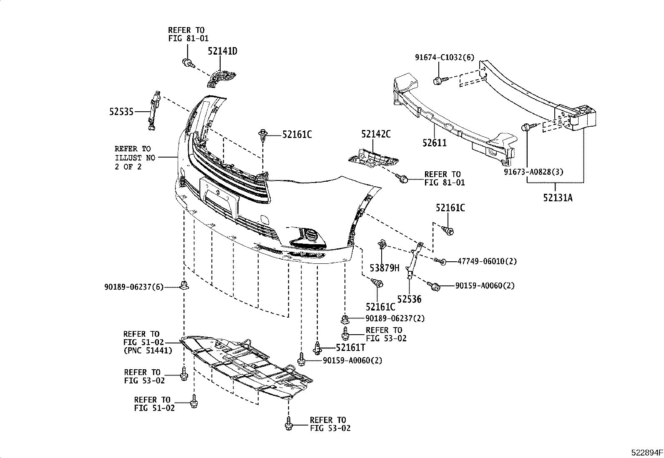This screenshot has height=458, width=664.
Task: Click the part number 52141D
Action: click(223, 52)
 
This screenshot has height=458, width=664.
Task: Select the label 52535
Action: click(121, 112)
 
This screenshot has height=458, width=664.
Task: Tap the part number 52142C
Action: click(376, 134)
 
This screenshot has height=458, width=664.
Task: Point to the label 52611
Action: click(434, 143)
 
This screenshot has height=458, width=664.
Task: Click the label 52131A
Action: click(558, 198)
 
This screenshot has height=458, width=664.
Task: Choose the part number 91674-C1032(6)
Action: click(445, 58)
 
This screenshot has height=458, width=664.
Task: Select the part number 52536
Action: click(409, 299)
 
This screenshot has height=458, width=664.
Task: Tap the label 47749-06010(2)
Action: click(487, 261)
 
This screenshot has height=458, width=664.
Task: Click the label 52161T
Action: click(351, 347)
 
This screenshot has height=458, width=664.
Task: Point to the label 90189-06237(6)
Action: click(134, 287)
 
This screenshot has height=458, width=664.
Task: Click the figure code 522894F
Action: click(646, 452)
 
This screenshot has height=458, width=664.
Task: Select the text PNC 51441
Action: click(148, 350)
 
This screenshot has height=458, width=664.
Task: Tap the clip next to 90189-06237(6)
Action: click(183, 285)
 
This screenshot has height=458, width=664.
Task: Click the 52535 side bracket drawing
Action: click(153, 110)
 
